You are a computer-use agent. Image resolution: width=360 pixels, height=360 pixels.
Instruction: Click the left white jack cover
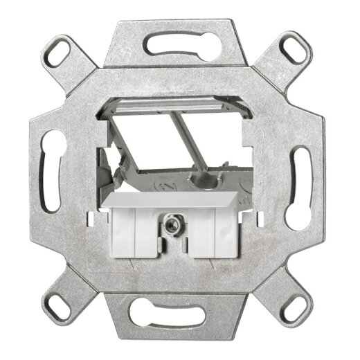coord(136,233)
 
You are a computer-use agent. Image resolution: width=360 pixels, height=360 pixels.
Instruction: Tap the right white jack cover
coord(207,233)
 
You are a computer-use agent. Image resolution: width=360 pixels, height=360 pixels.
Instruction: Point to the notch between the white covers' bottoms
coord(169,251)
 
